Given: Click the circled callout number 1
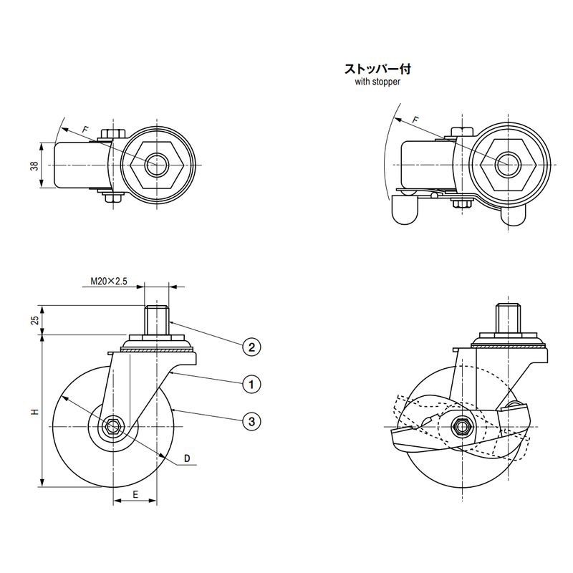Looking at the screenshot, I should [251, 385].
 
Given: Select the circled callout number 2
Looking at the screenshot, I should [251, 348].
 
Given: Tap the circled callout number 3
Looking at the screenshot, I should [251, 421].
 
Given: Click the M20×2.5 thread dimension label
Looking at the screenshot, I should [110, 282].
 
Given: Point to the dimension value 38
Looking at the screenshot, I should [34, 166].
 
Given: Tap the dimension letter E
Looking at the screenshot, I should [135, 494].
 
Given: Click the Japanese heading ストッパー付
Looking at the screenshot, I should [377, 69].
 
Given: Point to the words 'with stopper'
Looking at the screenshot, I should [377, 82].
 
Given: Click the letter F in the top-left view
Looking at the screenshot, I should [85, 129].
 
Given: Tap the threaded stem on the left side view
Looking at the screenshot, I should [156, 319].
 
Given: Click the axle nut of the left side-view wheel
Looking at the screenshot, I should [113, 428].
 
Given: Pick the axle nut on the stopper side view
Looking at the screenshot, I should [461, 427].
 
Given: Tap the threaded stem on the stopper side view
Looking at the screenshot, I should [507, 319].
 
